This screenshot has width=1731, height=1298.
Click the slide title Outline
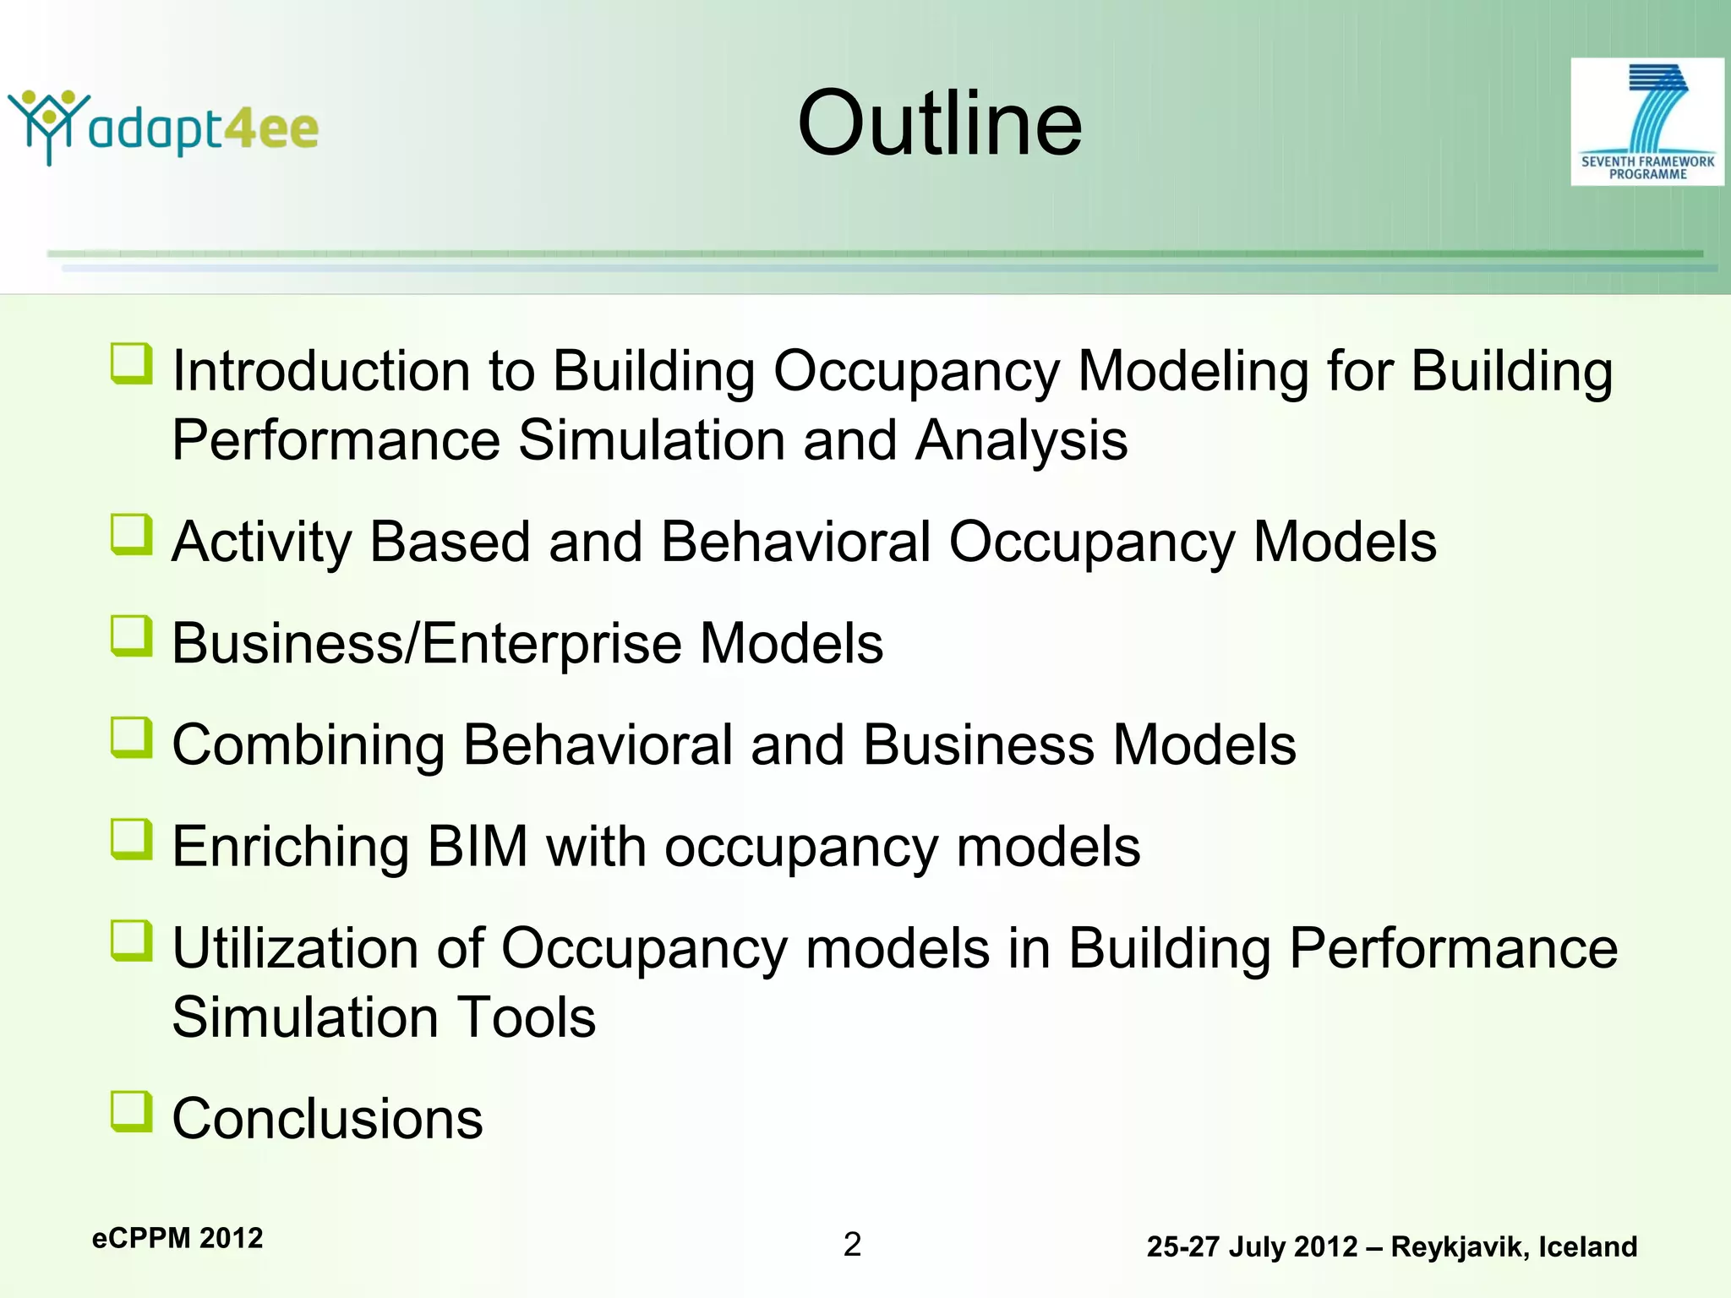tap(939, 124)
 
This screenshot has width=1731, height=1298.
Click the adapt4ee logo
tap(163, 128)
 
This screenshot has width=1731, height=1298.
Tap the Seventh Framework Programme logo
tap(1646, 123)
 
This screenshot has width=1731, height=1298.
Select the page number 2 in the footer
tap(852, 1244)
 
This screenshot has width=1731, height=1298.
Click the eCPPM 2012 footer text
tap(177, 1238)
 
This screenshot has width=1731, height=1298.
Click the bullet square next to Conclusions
tap(132, 1111)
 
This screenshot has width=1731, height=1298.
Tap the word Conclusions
tap(327, 1119)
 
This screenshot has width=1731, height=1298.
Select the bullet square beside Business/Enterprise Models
tap(132, 636)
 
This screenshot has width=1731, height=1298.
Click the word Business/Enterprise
tap(426, 644)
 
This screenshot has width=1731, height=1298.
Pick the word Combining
tap(308, 745)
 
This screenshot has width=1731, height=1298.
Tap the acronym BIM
tap(478, 847)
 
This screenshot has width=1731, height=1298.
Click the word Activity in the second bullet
tap(261, 543)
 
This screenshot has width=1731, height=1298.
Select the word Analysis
tap(1021, 441)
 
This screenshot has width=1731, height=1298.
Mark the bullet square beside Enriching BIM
tap(132, 840)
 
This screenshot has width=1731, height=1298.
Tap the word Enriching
tap(291, 847)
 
